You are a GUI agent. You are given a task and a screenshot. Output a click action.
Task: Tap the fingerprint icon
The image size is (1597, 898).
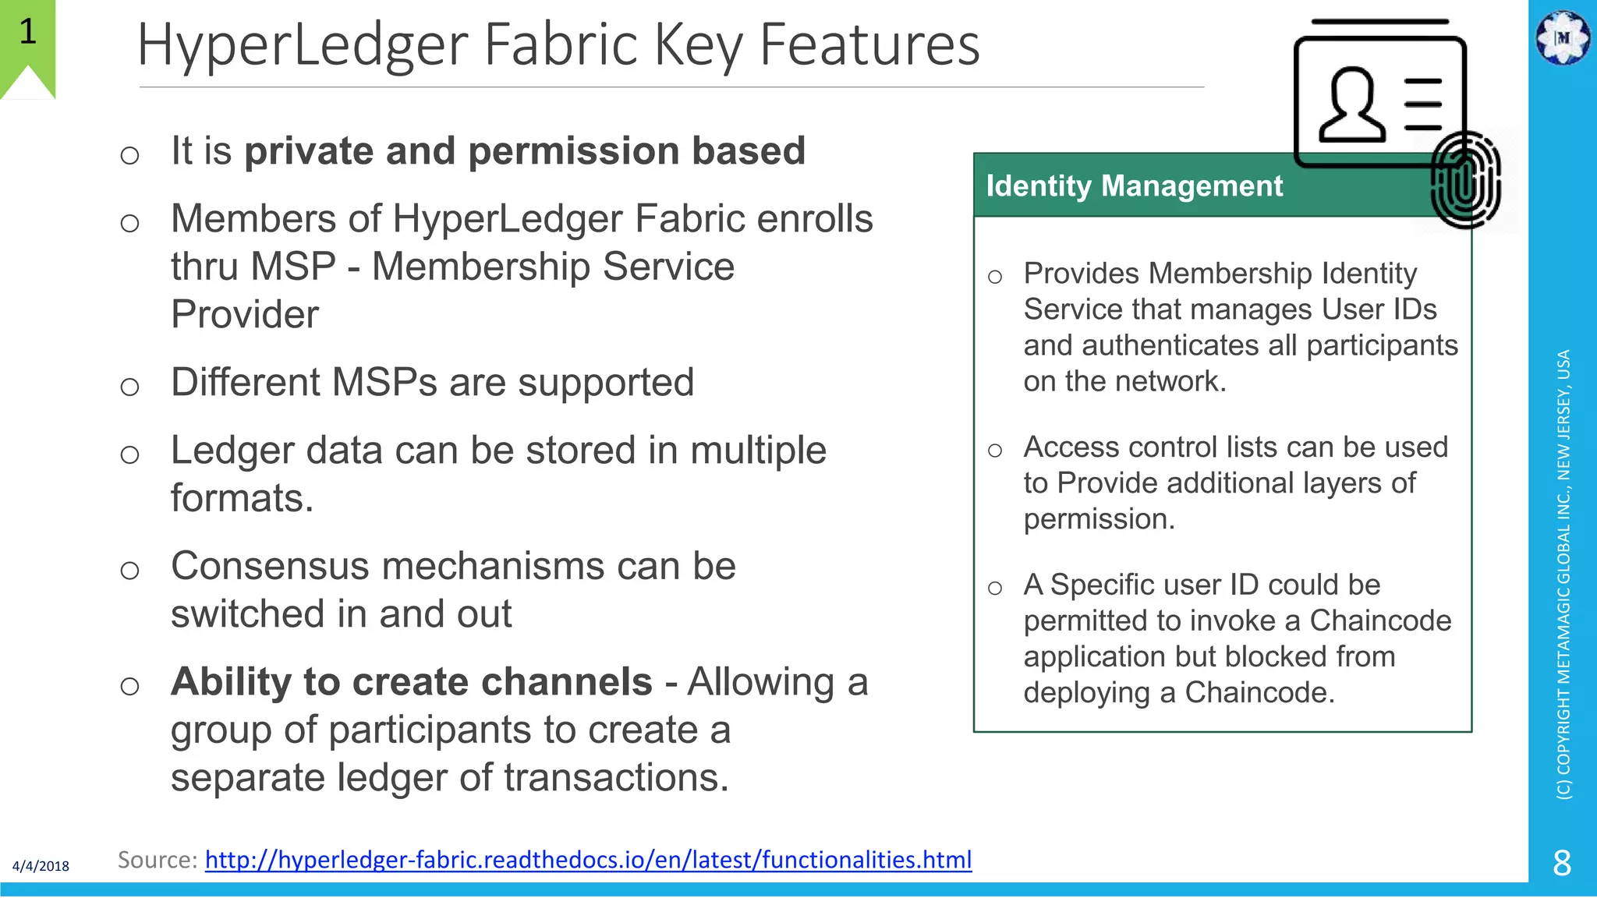point(1465,180)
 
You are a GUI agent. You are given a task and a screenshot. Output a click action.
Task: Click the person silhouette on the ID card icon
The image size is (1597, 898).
point(1351,105)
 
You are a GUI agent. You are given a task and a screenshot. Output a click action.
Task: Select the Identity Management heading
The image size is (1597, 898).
point(1134,186)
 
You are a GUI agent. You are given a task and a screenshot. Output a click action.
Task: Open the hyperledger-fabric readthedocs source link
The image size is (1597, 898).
point(588,860)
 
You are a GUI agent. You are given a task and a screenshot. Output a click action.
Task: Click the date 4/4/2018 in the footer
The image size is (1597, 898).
point(41,866)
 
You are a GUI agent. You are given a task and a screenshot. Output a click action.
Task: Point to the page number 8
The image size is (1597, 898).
point(1562,863)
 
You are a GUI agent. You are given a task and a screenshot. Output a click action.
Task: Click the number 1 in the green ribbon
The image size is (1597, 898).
point(28,32)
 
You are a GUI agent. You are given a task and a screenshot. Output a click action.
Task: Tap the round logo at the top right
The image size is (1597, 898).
point(1562,37)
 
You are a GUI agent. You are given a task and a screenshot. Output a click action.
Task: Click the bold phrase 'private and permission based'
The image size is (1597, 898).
point(525,151)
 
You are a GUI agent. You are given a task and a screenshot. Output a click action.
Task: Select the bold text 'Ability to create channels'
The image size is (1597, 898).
point(411,682)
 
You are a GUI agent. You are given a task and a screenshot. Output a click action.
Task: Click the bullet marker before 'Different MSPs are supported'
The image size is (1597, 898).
point(130,387)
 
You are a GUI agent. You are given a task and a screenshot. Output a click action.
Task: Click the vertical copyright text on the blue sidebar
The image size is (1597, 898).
point(1563,574)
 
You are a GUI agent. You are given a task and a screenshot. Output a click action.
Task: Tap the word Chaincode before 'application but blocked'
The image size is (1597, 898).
point(1379,621)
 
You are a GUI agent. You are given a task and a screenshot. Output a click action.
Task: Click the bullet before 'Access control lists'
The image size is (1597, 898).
point(994,451)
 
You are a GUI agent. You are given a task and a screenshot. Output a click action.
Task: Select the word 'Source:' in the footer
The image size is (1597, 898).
point(157,860)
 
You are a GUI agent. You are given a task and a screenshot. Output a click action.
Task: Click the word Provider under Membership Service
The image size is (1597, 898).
point(245,315)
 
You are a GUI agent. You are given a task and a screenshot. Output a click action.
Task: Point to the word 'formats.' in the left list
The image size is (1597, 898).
point(242,499)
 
